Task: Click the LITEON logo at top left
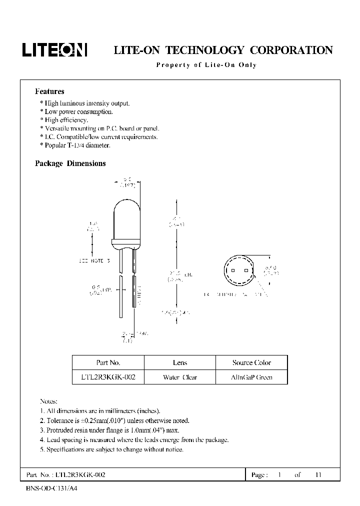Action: (x=54, y=49)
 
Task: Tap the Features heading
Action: (x=49, y=91)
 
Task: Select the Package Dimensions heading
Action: (x=70, y=163)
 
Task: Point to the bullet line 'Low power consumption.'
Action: (x=78, y=111)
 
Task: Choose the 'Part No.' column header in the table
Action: (x=108, y=362)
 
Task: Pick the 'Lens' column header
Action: (x=179, y=362)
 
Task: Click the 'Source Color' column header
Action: (x=251, y=362)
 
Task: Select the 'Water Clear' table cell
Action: (x=179, y=377)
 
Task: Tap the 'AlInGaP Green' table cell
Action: (x=251, y=377)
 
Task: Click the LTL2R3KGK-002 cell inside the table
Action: (x=108, y=377)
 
